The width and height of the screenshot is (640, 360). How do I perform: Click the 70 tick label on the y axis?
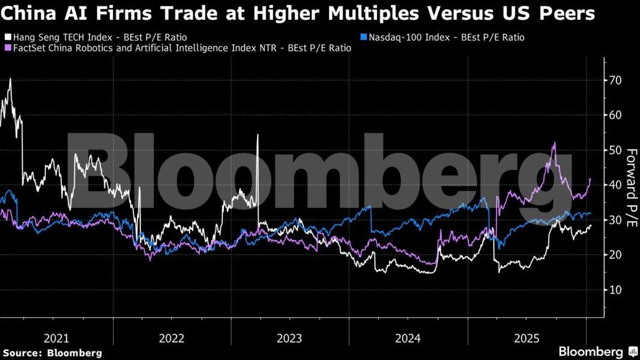[615, 80]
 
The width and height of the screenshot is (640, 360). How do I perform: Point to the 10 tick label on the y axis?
[615, 290]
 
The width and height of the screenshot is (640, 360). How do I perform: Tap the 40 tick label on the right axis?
[615, 185]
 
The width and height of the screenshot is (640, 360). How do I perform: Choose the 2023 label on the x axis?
[290, 338]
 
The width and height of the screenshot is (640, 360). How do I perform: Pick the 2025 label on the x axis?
[527, 338]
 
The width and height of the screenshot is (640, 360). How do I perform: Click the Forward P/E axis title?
[631, 187]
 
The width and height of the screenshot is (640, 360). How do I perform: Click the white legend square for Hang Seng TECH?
[6, 37]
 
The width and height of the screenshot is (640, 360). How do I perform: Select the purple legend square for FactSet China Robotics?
[6, 48]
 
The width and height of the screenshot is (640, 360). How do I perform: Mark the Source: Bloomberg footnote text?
[52, 353]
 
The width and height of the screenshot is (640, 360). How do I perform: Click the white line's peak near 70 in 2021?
[10, 79]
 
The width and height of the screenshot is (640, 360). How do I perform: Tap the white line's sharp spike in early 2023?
[258, 134]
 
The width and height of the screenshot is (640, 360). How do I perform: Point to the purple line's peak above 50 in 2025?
[554, 143]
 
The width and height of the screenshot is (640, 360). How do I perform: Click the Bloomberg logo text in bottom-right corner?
[591, 352]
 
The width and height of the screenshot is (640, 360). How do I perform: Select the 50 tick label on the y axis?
[615, 150]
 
